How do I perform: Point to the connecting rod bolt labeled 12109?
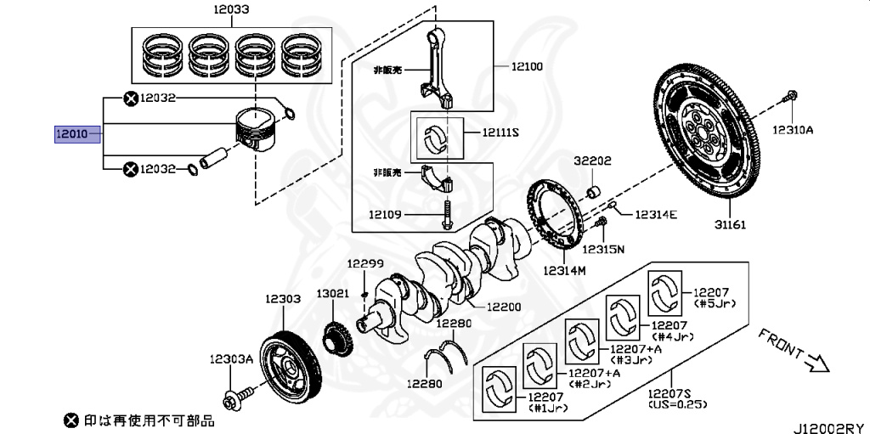[447, 217]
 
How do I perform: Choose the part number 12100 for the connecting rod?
[527, 65]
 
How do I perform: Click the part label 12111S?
[500, 132]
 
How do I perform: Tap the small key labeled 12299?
[364, 294]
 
